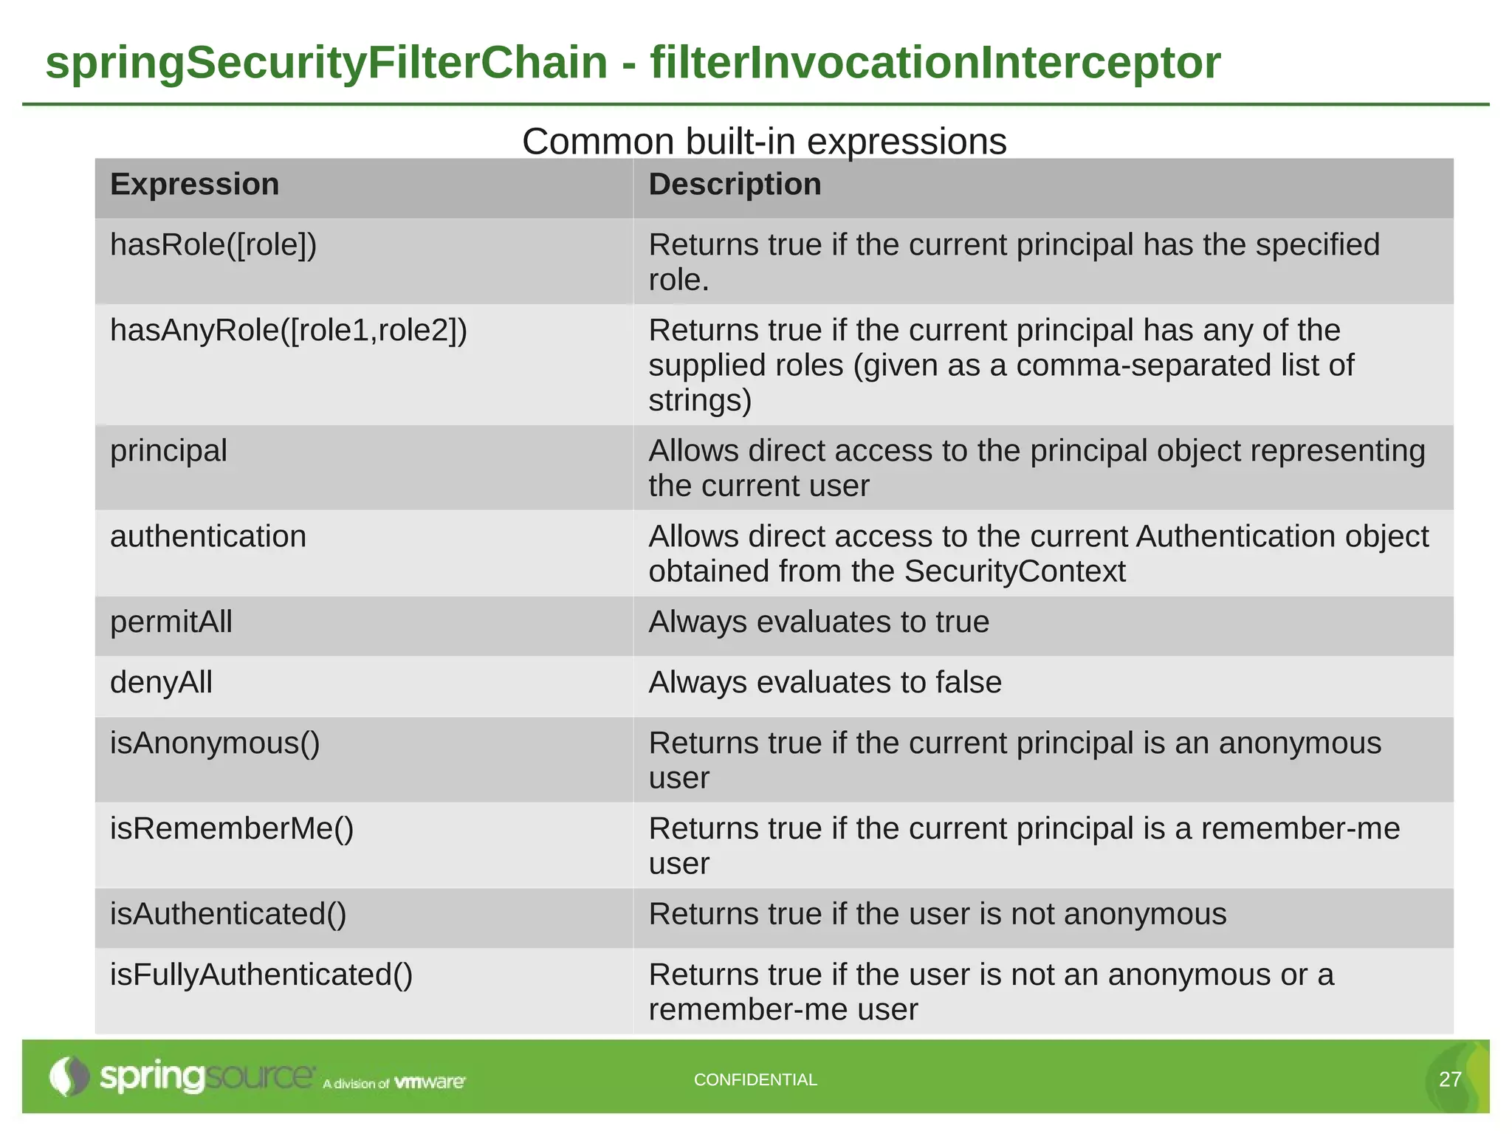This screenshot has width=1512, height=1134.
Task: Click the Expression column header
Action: [x=194, y=185]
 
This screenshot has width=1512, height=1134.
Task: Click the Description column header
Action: [x=734, y=185]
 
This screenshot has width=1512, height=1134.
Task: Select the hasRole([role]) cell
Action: [x=213, y=245]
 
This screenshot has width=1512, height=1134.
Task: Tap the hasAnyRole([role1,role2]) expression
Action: [x=289, y=331]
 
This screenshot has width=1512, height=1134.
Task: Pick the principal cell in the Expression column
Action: [x=168, y=451]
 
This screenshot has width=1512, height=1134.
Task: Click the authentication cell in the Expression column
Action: [x=207, y=537]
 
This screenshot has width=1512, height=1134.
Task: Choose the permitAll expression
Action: [x=171, y=622]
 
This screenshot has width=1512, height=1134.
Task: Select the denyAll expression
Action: [x=161, y=683]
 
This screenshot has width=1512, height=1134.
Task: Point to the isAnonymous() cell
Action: [x=215, y=743]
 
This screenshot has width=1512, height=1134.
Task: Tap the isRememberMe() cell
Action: [x=232, y=829]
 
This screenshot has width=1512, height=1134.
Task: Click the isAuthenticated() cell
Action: [x=228, y=915]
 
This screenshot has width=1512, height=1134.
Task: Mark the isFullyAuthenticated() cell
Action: [x=261, y=975]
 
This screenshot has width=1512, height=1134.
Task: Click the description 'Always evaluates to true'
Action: [x=818, y=622]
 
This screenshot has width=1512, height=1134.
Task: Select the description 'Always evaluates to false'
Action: [x=825, y=683]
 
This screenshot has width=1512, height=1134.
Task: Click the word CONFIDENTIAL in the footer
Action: [x=755, y=1080]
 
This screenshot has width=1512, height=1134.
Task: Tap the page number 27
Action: [x=1450, y=1080]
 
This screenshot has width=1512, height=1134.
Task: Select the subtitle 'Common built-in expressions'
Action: [x=763, y=141]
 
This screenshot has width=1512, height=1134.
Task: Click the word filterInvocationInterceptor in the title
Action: [x=935, y=62]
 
